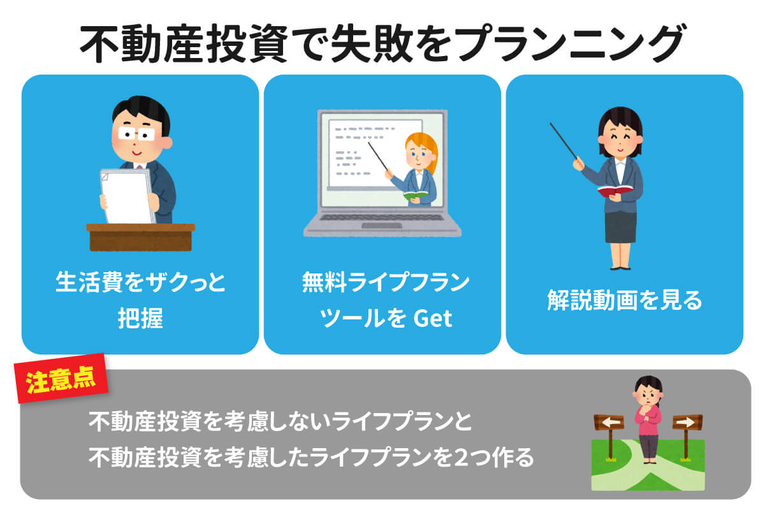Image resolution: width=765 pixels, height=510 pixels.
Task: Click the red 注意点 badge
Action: [x=61, y=379]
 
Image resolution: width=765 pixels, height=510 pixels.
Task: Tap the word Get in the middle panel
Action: [x=433, y=319]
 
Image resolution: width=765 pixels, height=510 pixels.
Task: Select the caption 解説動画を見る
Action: [x=624, y=300]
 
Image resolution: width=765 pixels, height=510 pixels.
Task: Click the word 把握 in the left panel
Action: [x=140, y=318]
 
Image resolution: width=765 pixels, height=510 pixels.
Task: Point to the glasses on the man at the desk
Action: [x=136, y=134]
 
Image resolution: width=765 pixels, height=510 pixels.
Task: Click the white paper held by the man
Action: [x=127, y=196]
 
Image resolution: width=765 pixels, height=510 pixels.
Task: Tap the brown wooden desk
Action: [x=141, y=237]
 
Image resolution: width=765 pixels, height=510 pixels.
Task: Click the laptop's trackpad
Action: [x=382, y=226]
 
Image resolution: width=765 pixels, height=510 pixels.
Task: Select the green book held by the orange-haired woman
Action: [x=415, y=195]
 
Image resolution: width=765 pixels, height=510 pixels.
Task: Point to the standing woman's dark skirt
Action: [x=620, y=226]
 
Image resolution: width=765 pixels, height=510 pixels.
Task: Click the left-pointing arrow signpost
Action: [x=609, y=423]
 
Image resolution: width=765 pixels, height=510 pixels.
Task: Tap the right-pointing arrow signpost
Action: [x=687, y=422]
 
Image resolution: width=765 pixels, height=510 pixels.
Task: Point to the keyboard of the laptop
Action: [x=382, y=217]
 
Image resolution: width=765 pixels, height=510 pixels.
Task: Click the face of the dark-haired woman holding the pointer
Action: [x=620, y=141]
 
